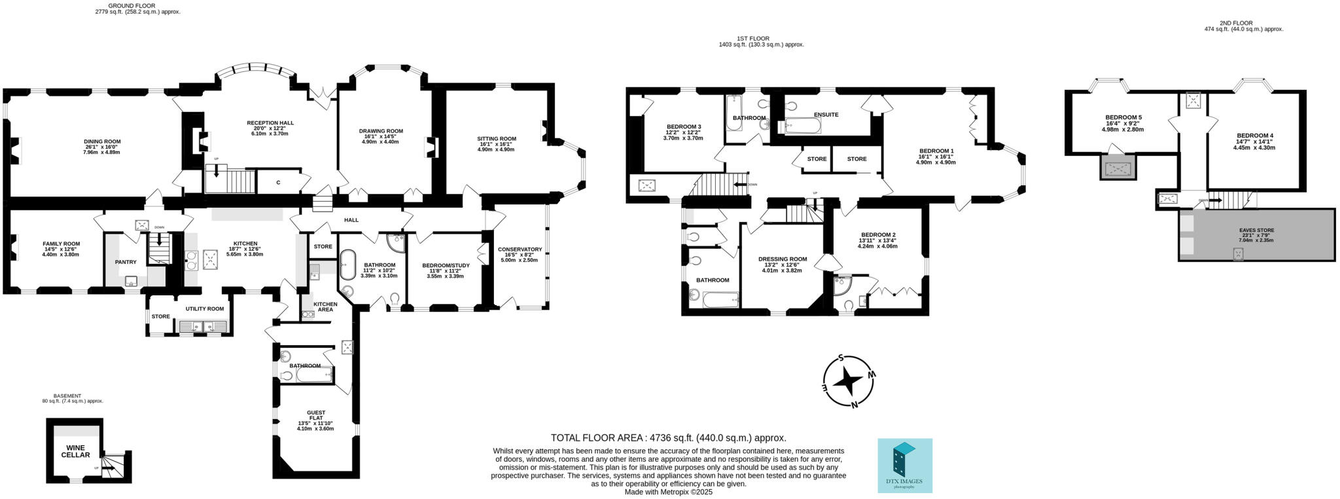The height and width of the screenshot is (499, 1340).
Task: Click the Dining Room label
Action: tap(102, 141)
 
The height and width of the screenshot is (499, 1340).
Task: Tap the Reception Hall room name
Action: tap(270, 123)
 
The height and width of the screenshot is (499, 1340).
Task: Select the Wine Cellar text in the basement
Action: tap(75, 451)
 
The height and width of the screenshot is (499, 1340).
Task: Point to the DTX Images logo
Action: tap(904, 466)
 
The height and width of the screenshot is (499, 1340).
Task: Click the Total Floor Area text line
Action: tap(668, 438)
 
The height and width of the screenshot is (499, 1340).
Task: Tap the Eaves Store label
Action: tap(1256, 231)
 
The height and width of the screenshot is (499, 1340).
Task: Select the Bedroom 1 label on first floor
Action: tap(936, 151)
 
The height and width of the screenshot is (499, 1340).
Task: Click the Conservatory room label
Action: tap(520, 249)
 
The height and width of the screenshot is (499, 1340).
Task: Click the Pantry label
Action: tap(126, 262)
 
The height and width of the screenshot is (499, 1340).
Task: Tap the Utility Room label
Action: tap(204, 308)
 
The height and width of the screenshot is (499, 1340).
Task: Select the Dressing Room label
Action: tap(783, 259)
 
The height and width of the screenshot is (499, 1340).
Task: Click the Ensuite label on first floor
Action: tap(826, 115)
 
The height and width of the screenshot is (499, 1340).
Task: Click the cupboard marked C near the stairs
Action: tap(278, 182)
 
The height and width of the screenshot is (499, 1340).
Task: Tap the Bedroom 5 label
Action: tap(1123, 118)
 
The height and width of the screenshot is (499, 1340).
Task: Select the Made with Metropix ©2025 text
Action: tap(668, 492)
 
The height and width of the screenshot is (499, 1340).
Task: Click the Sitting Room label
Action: tap(497, 139)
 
